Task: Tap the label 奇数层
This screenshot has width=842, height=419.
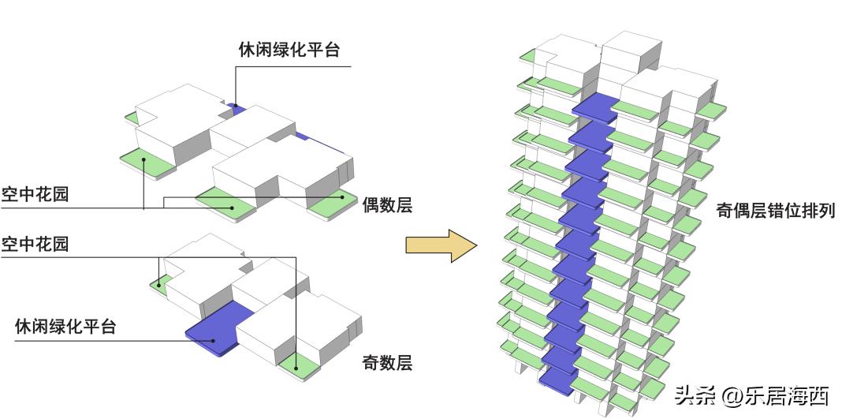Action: (387, 363)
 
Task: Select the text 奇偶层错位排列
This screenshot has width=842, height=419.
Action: (775, 211)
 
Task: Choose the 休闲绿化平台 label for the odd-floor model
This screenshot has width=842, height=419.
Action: (65, 326)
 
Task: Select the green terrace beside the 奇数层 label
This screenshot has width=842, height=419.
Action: (301, 365)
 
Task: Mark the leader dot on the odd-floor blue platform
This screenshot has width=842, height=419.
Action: (214, 341)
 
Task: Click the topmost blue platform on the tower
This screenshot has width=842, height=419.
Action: (594, 107)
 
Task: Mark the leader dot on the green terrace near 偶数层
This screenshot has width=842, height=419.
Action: (342, 198)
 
